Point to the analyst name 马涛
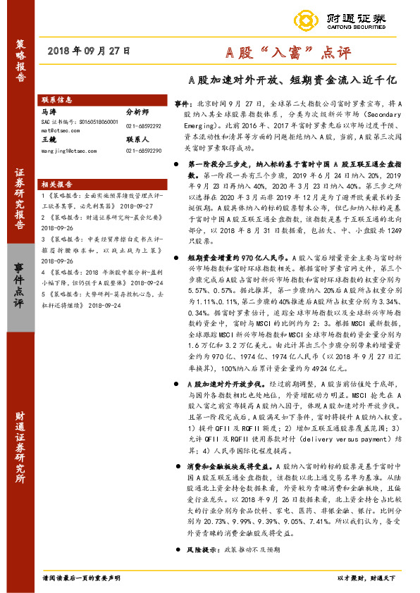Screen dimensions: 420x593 [49, 111]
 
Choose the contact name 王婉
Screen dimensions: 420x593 [49, 140]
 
